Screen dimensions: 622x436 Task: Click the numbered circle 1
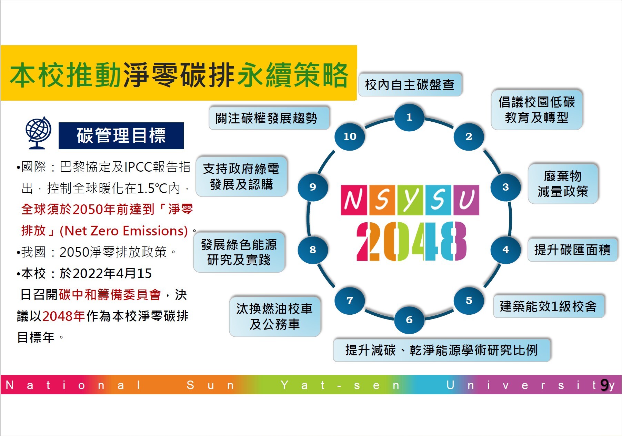[409, 117]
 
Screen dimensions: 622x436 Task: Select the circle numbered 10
[350, 136]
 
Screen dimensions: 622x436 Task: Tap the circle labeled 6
[409, 320]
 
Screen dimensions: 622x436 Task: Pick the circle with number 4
[505, 250]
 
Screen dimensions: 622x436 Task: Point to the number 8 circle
[313, 250]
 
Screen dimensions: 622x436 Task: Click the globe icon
[38, 133]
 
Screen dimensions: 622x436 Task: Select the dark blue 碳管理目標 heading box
[121, 135]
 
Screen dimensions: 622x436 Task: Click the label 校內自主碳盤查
[410, 84]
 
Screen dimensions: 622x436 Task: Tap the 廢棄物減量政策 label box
[563, 184]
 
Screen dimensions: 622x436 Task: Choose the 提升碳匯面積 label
[572, 250]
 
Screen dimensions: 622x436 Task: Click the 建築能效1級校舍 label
[549, 306]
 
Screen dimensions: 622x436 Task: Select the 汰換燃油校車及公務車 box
[275, 316]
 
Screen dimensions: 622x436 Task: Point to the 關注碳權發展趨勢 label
[269, 118]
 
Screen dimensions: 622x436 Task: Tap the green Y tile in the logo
[410, 200]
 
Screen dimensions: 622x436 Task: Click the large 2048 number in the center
[411, 241]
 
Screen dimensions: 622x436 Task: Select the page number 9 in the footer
[604, 385]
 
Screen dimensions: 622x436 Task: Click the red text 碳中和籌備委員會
[110, 295]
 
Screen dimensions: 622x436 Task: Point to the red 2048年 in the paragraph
[64, 316]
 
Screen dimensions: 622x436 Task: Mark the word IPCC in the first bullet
[139, 167]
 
